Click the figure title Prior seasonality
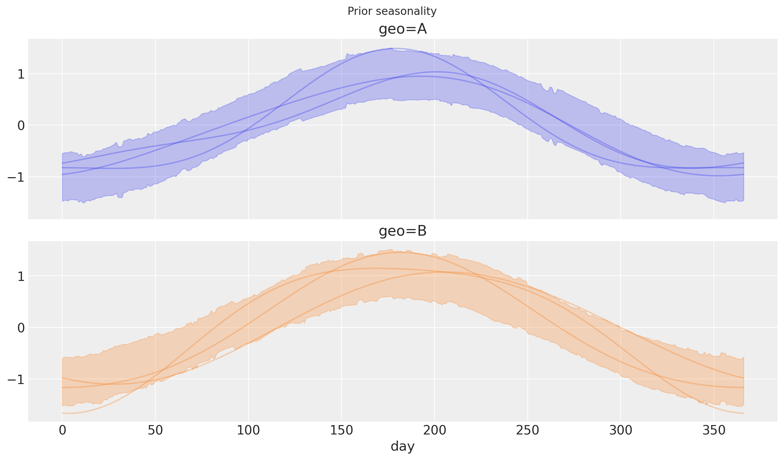tap(392, 11)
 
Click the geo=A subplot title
tap(403, 29)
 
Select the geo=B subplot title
tap(403, 231)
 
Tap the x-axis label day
tap(403, 446)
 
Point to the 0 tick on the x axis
tap(62, 431)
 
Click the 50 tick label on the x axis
tap(155, 431)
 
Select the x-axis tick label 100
tap(248, 431)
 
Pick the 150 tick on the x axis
tap(341, 431)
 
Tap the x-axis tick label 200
tap(435, 431)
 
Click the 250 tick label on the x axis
tap(527, 431)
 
